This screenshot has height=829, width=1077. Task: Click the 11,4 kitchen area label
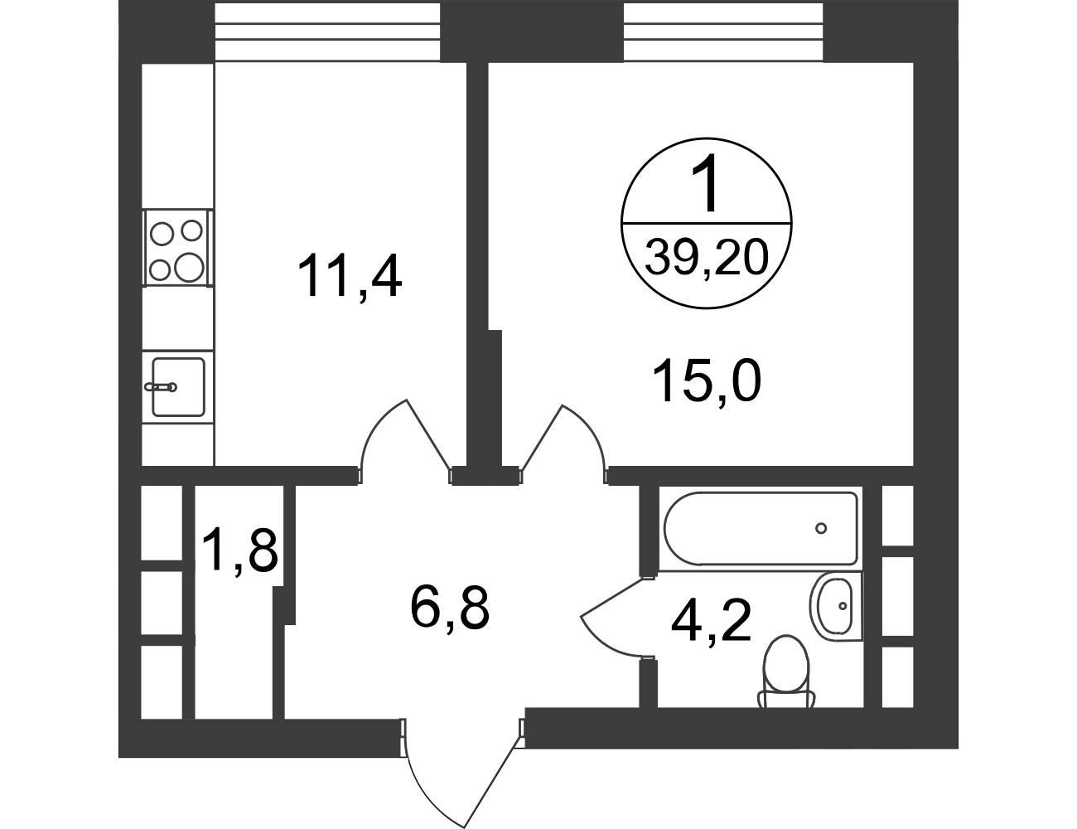pos(350,276)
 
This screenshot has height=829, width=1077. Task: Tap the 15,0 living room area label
pos(708,381)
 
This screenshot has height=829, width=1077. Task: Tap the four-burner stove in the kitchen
pos(178,248)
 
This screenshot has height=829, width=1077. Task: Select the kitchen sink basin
pos(178,387)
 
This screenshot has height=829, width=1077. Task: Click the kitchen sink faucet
pos(161,387)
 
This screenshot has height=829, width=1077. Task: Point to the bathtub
pos(761,529)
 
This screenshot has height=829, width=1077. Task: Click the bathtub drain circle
pos(821,529)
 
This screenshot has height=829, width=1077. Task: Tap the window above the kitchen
pos(327,32)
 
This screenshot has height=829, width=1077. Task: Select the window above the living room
pos(723,32)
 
